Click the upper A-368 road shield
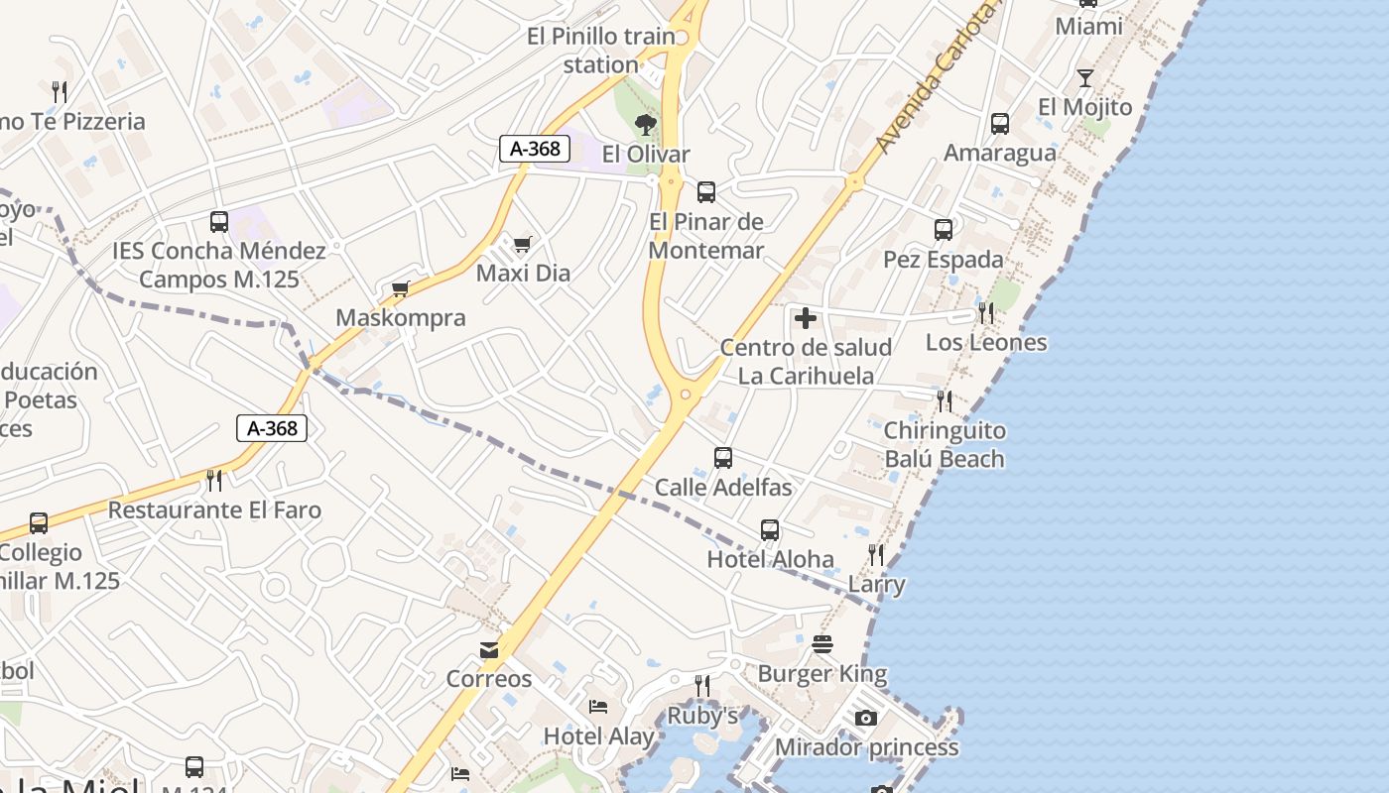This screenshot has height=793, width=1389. [535, 149]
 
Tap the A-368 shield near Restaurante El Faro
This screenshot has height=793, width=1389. [272, 428]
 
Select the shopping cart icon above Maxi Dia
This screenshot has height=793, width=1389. [523, 244]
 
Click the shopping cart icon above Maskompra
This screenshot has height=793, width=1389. [401, 289]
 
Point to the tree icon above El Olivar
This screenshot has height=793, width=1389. [646, 125]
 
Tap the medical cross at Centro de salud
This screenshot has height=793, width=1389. [806, 318]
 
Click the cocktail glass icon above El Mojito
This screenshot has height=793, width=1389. [1085, 78]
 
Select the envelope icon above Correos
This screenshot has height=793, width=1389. [489, 650]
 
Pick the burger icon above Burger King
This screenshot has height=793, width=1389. [822, 644]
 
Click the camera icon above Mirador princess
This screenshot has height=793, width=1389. [866, 718]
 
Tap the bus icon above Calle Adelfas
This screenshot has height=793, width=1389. [723, 458]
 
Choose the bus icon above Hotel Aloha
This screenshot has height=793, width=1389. [770, 530]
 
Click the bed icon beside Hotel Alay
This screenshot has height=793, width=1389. [598, 707]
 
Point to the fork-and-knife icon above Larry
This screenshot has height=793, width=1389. [876, 555]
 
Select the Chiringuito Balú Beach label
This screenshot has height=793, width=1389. [944, 445]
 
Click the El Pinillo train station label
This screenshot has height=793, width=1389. [601, 51]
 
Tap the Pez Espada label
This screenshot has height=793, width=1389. [943, 260]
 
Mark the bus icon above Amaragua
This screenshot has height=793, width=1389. [1000, 124]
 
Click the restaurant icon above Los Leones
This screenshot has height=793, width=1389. [986, 313]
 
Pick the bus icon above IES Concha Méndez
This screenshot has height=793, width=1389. [219, 222]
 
